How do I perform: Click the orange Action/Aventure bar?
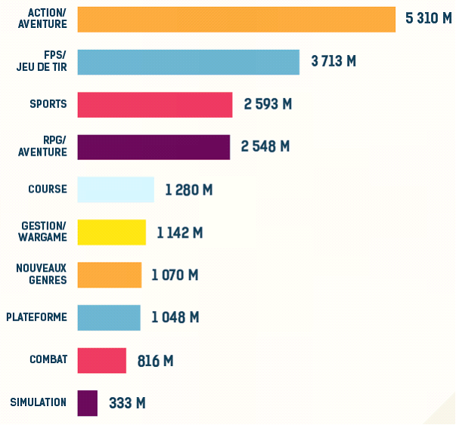pyautogui.click(x=236, y=20)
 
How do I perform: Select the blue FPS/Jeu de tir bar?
pyautogui.click(x=188, y=62)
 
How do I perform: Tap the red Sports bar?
pyautogui.click(x=155, y=104)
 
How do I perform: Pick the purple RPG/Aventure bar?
pyautogui.click(x=154, y=147)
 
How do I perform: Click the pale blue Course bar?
pyautogui.click(x=116, y=189)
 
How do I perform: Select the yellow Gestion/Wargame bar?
pyautogui.click(x=111, y=232)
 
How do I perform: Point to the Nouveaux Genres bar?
pyautogui.click(x=109, y=275)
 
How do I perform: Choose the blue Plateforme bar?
pyautogui.click(x=109, y=318)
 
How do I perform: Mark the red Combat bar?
pyautogui.click(x=101, y=360)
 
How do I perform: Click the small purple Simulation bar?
pyautogui.click(x=87, y=402)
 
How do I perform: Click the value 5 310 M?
pyautogui.click(x=428, y=19)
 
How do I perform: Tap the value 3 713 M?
pyautogui.click(x=333, y=61)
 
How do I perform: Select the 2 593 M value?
pyautogui.click(x=267, y=104)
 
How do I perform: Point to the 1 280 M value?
pyautogui.click(x=188, y=189)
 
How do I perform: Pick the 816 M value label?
pyautogui.click(x=155, y=361)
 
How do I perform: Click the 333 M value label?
pyautogui.click(x=127, y=403)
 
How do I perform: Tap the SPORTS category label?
pyautogui.click(x=48, y=104)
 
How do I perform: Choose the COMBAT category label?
pyautogui.click(x=48, y=359)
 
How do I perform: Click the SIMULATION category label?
pyautogui.click(x=39, y=402)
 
